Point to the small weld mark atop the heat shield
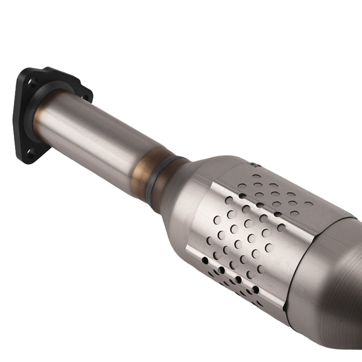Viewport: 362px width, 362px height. [x=253, y=164]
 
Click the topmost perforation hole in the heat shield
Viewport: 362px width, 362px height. [x=256, y=177]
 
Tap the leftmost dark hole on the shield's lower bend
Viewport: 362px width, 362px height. [x=206, y=260]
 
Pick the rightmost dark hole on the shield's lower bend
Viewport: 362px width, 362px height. [x=256, y=290]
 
